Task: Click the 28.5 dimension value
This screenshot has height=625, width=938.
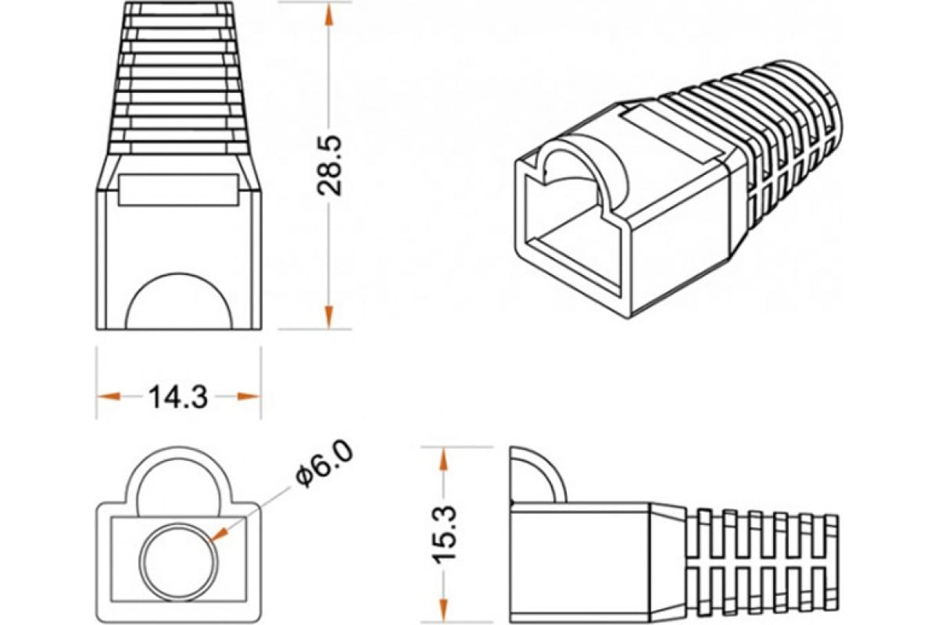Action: click(330, 166)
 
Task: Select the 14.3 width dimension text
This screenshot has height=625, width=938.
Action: click(178, 397)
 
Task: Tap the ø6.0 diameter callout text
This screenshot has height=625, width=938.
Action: click(324, 464)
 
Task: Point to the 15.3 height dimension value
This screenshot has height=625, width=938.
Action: click(443, 535)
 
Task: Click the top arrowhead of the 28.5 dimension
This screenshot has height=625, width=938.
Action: click(329, 15)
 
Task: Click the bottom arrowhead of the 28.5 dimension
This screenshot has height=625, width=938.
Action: click(329, 317)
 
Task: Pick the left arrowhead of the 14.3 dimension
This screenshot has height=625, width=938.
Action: click(109, 396)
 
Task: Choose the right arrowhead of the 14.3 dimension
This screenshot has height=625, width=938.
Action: click(249, 396)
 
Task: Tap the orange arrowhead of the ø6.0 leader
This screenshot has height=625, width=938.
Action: click(220, 534)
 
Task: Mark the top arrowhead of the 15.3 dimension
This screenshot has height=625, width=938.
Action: click(444, 459)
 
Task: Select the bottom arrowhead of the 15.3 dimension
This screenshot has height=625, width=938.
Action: click(444, 611)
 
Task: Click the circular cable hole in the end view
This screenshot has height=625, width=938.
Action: click(179, 562)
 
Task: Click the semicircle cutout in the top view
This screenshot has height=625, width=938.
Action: click(179, 276)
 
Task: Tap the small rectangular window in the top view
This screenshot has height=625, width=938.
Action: click(178, 190)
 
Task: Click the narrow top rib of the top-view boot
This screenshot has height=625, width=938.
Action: click(179, 9)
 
